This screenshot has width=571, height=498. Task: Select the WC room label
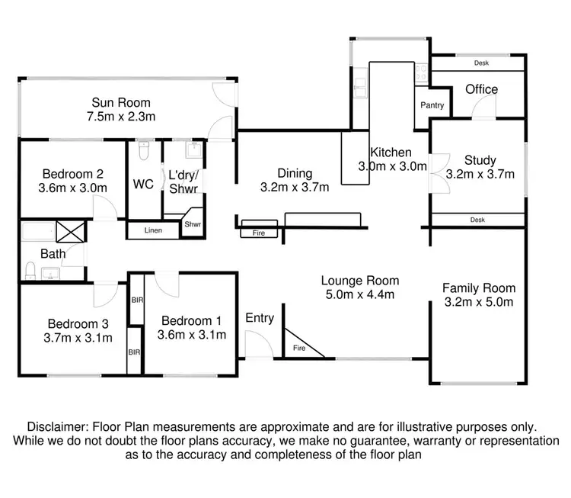click(x=143, y=185)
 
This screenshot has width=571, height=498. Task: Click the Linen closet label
click(x=153, y=230)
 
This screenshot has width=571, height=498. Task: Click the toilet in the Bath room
click(x=30, y=271)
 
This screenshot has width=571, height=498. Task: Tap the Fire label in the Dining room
click(x=258, y=233)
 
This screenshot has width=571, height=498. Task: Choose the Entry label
click(x=260, y=318)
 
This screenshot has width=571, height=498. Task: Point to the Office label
click(x=481, y=89)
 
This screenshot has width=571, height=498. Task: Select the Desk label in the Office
click(x=480, y=63)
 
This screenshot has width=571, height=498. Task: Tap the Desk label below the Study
click(x=477, y=220)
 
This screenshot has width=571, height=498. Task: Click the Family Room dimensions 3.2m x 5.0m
click(x=479, y=302)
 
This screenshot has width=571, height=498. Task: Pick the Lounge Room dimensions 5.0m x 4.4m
click(x=359, y=294)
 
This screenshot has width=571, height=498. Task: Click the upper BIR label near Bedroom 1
click(x=138, y=300)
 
